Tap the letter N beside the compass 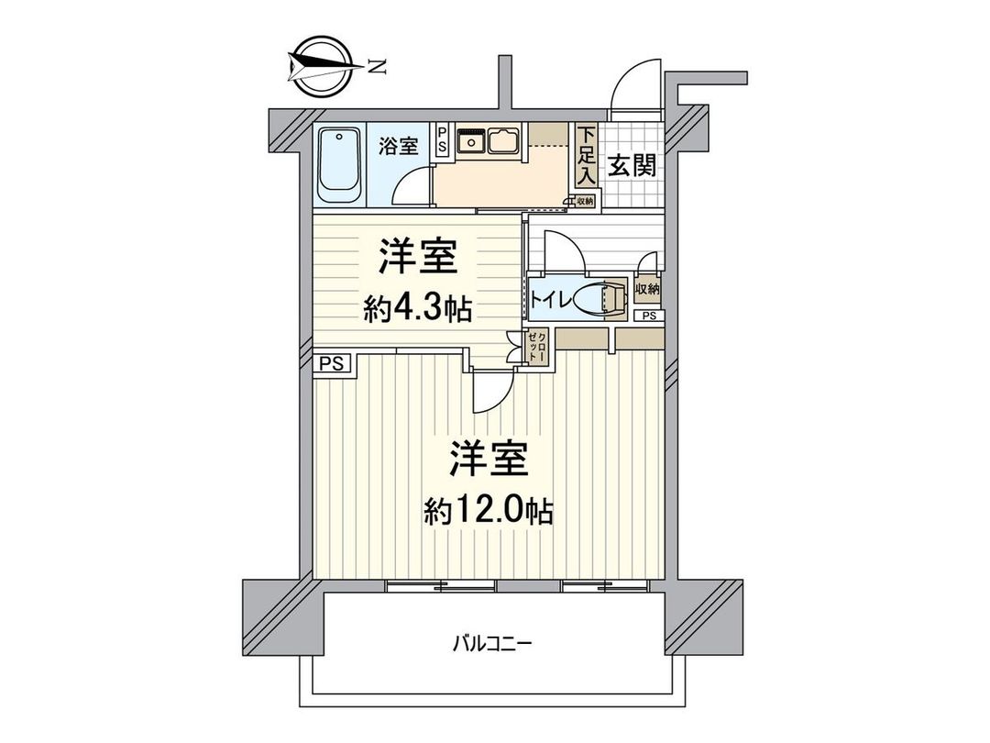tap(376, 65)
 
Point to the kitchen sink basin tap(505, 142)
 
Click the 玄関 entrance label tap(632, 167)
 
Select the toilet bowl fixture tap(605, 298)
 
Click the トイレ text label tap(552, 299)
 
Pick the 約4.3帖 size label tap(417, 310)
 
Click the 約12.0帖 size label tap(489, 511)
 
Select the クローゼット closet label tap(538, 349)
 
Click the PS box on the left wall tap(332, 363)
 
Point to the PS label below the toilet tap(649, 316)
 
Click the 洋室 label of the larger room tap(489, 460)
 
